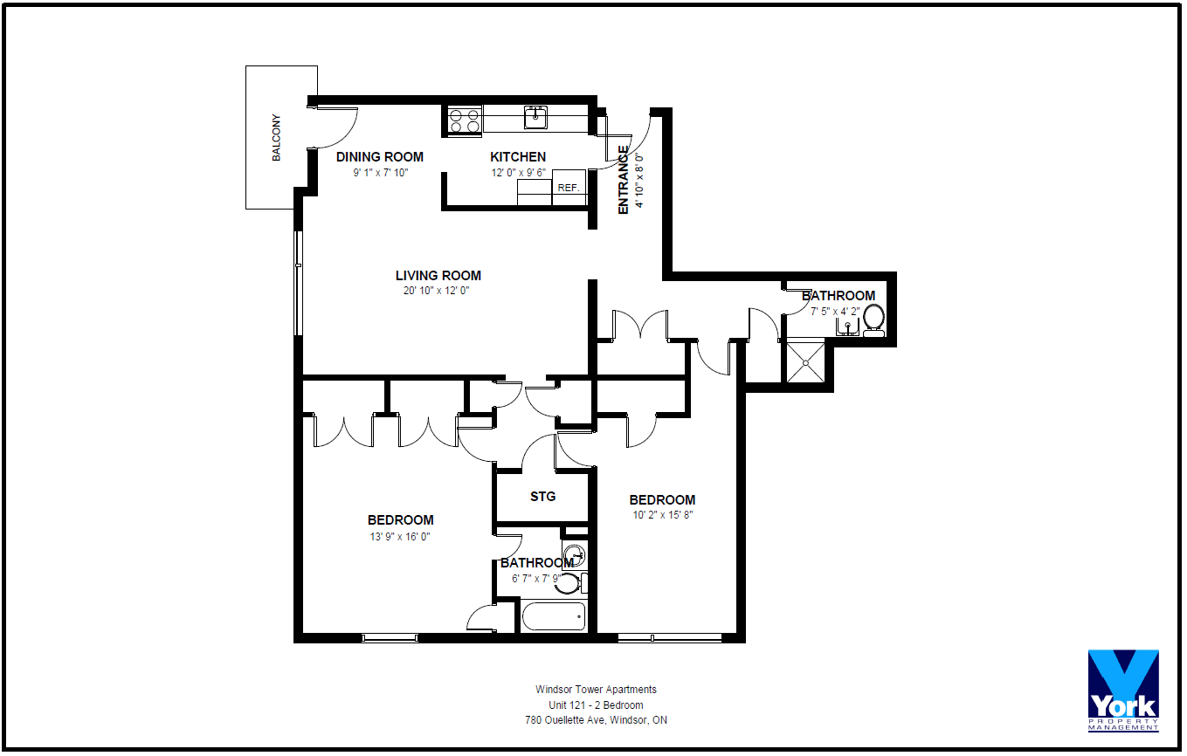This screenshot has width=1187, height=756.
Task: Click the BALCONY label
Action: tap(277, 137)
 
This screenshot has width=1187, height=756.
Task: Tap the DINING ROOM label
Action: tap(379, 157)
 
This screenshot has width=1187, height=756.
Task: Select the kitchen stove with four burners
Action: tap(464, 120)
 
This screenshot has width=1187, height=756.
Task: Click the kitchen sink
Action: tap(535, 117)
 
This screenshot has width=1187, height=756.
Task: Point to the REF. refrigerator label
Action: tap(569, 188)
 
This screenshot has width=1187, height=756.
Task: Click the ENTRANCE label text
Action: tap(623, 180)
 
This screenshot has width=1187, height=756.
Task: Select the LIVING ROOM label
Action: tap(438, 276)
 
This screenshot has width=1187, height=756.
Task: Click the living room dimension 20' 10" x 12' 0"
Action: tap(436, 291)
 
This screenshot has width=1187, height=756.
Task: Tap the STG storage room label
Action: tap(542, 497)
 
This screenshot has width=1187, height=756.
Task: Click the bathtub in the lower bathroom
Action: tap(554, 616)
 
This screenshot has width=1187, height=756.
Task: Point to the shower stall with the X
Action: tap(805, 362)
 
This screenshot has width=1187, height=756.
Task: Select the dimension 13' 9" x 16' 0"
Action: tap(399, 537)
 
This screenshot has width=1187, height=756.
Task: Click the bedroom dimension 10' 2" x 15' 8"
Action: tap(662, 514)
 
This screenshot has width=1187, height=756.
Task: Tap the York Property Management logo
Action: tap(1123, 691)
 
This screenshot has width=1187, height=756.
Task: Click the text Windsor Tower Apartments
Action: tap(596, 690)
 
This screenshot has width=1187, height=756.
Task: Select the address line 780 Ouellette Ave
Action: tap(596, 720)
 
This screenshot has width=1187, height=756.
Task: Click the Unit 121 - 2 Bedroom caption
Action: tap(596, 705)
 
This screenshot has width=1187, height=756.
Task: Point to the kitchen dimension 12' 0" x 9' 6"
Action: tap(518, 173)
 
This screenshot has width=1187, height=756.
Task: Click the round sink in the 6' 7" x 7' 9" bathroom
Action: tap(574, 555)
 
